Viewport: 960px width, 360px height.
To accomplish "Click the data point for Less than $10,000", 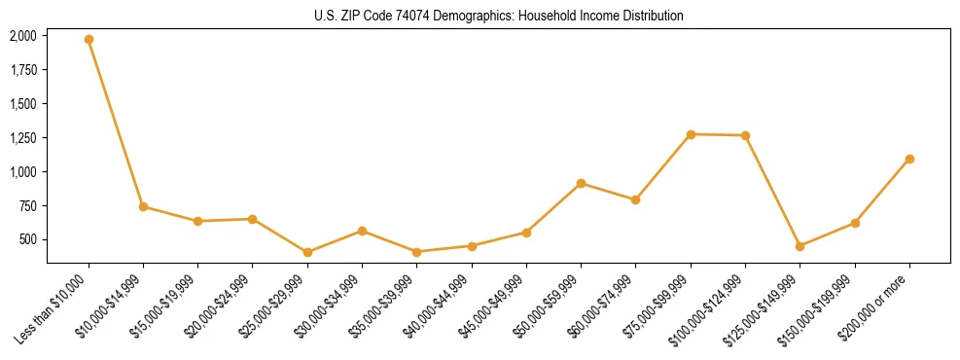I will pos(89,40).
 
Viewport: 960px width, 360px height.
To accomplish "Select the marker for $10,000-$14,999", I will pos(143,206).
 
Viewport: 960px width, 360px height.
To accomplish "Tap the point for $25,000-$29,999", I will pos(307,253).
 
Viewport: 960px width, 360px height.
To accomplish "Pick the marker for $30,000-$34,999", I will pos(362,231).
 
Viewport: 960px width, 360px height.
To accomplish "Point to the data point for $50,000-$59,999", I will pos(581,183).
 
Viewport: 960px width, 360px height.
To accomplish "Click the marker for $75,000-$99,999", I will pos(691,134).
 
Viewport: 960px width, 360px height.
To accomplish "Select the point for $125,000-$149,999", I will pos(800,246).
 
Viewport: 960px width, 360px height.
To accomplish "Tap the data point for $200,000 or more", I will pos(909,159).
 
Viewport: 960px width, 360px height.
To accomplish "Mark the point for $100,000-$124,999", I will pos(745,135).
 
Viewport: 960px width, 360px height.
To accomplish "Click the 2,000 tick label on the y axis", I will pos(23,36).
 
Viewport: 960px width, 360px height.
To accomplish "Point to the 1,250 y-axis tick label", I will pos(23,138).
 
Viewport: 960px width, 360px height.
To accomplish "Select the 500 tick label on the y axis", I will pos(28,239).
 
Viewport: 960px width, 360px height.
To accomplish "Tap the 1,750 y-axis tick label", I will pos(23,70).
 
